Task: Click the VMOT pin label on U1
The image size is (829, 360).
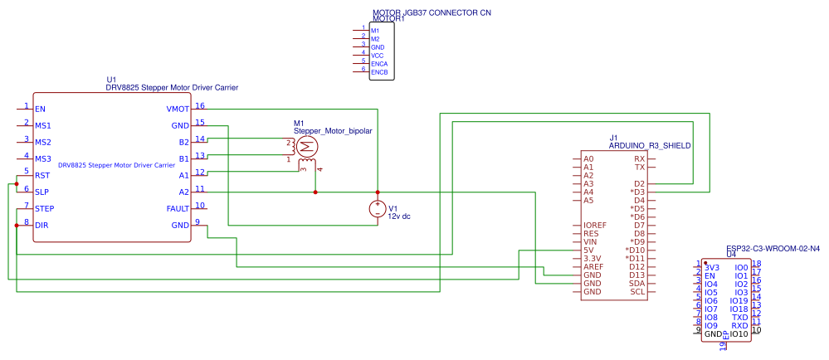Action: coord(178,109)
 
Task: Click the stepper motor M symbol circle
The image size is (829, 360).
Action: coord(305,147)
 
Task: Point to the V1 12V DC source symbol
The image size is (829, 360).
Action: coord(378,208)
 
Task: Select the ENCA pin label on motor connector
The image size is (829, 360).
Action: coord(379,64)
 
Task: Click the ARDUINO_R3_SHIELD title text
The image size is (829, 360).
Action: coord(650,145)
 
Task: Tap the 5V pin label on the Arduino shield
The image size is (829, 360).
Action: coord(589,250)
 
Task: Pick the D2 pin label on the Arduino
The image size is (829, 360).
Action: coord(639,183)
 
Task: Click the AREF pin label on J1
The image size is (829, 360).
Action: coord(592,266)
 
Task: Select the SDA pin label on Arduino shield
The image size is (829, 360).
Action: coord(636,283)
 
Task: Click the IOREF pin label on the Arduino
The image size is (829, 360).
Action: coord(596,225)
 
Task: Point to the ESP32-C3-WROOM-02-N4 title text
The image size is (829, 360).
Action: coord(773,248)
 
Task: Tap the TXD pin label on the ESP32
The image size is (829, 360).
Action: coord(739,317)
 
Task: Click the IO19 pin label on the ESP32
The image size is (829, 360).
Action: coord(739,300)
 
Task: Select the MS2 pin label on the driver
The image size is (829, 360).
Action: coord(43,142)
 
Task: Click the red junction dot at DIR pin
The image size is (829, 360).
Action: coord(17,225)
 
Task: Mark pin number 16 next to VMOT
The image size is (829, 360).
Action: coord(200,105)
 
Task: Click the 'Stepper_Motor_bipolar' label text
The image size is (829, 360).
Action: coord(333,131)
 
